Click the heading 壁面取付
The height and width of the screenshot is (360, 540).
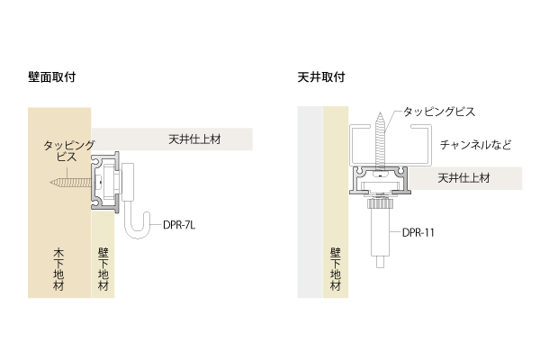pos(51,76)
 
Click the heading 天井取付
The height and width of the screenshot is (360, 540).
pos(321,76)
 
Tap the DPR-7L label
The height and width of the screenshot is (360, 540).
pos(179,225)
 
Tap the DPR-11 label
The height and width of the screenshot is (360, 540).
pos(418,232)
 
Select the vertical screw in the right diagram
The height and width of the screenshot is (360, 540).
pos(380,140)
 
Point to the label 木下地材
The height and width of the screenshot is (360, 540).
pos(58,270)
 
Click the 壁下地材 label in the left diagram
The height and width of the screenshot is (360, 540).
pos(103,270)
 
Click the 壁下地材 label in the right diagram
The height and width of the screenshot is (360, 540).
pos(336,270)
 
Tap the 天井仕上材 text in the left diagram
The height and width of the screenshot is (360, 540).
pos(194,139)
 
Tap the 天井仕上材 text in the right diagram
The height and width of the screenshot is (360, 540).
pos(463,178)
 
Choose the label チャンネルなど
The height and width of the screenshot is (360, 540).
pos(475,145)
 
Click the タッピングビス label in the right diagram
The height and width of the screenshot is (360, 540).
pos(439,112)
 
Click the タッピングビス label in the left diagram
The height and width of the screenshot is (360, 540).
pos(68,151)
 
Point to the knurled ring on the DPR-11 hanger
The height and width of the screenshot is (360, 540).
pos(380,203)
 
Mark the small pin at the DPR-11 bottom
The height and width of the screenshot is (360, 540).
pos(380,262)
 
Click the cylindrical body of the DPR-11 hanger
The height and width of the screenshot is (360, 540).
pos(380,232)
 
